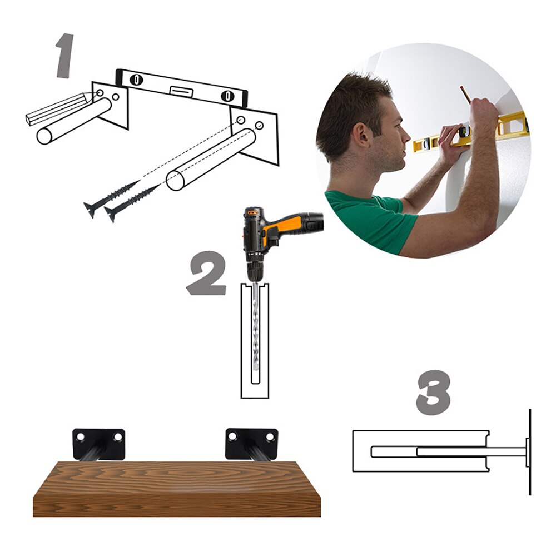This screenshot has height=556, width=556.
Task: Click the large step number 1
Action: pos(66,56)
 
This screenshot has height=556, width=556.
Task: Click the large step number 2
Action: pos(207,274)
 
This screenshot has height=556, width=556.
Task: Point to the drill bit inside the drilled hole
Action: pos(255,334)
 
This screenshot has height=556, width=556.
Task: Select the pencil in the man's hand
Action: pos(465,94)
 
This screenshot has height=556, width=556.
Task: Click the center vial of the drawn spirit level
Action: pos(181,91)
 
